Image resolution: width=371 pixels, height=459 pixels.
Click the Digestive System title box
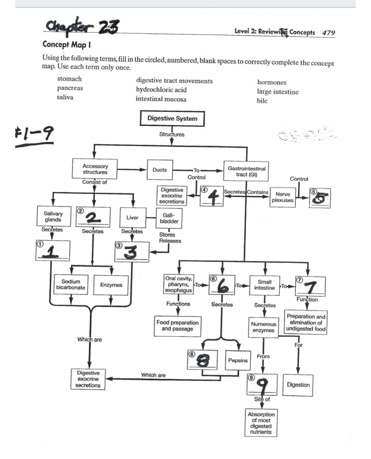click(172, 119)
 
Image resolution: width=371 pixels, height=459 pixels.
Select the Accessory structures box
click(95, 169)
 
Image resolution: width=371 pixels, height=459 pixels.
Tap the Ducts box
click(159, 170)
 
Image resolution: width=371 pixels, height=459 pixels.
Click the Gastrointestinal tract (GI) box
click(246, 171)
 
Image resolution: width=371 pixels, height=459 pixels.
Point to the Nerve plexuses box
click(283, 197)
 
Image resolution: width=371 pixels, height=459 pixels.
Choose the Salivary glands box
click(53, 217)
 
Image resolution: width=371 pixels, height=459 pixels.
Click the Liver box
click(132, 217)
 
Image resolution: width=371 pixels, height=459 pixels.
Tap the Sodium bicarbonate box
click(71, 285)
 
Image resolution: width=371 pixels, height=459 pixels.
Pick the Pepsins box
click(238, 360)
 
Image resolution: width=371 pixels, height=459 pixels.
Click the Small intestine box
click(264, 285)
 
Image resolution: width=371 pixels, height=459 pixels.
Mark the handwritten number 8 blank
click(203, 360)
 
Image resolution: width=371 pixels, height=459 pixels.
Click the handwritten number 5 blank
click(320, 198)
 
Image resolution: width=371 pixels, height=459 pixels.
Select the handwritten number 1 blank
click(53, 250)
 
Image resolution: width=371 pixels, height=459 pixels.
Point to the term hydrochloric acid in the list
click(161, 90)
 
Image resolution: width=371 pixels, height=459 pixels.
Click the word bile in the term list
click(262, 101)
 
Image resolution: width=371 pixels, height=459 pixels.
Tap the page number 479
click(329, 33)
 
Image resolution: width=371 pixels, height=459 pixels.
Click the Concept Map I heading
click(67, 45)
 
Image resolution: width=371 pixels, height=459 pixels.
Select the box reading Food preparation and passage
click(178, 326)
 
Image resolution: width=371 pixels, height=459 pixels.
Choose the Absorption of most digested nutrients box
click(261, 423)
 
